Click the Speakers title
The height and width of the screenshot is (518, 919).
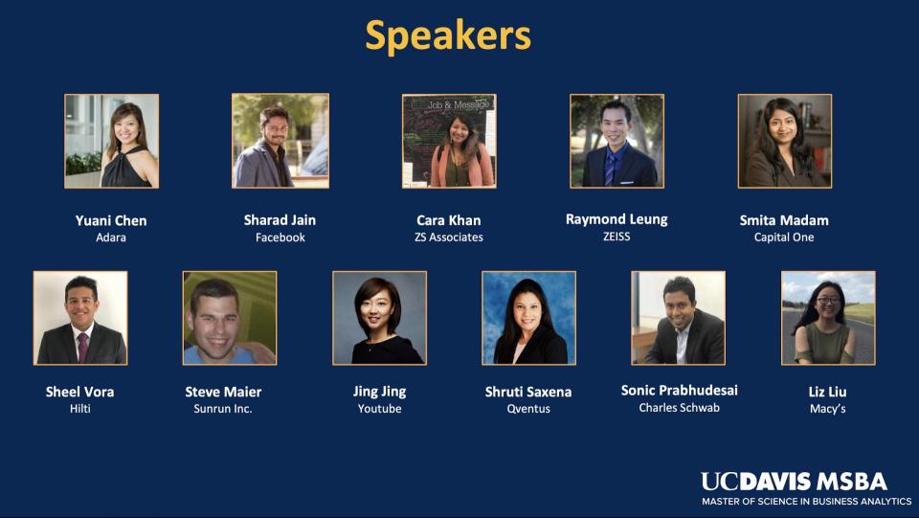[448, 36]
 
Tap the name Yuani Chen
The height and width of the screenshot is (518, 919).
[111, 221]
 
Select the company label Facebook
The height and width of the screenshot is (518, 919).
[280, 237]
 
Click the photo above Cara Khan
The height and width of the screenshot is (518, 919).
[449, 141]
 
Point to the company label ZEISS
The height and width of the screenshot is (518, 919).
[616, 236]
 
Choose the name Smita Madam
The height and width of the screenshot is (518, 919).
[784, 220]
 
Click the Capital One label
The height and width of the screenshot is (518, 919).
[784, 237]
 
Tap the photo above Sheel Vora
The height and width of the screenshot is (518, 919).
[80, 318]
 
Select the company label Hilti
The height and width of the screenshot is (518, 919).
[80, 409]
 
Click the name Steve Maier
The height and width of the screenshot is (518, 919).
[223, 392]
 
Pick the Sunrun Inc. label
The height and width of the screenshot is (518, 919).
[223, 409]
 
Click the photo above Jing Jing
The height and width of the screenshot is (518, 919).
[380, 318]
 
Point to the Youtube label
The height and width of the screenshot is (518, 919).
[380, 409]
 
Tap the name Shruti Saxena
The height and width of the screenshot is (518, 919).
[528, 392]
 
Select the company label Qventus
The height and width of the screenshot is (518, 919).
[528, 409]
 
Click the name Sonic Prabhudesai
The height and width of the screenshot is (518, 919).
[680, 391]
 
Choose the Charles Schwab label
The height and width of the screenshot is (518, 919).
[680, 407]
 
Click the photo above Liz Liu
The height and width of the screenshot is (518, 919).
[828, 318]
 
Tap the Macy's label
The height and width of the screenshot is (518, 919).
[827, 409]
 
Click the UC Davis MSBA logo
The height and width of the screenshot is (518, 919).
[806, 488]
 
